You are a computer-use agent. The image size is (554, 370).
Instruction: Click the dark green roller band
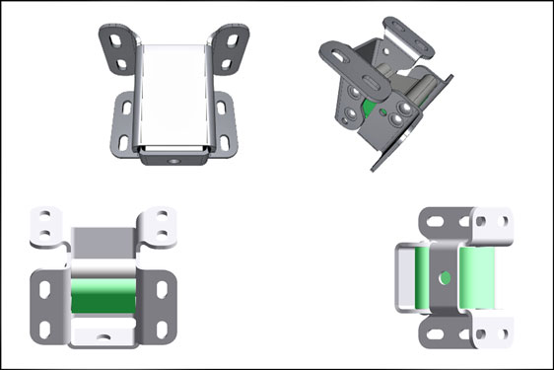pos(102,295)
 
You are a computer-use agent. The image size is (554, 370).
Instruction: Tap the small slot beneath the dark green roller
pos(102,335)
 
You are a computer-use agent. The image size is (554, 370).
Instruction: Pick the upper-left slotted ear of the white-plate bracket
pos(118,49)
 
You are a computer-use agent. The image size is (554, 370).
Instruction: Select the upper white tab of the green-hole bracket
pos(490,224)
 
